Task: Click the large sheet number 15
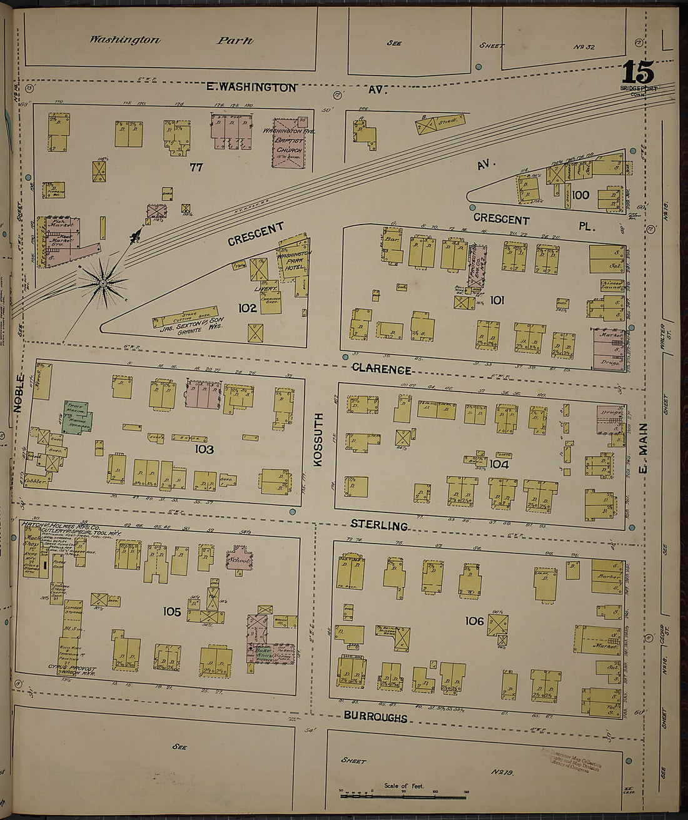coord(638,73)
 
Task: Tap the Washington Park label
coord(171,40)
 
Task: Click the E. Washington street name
coord(251,88)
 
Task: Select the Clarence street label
coord(381,369)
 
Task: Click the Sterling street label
coord(378,525)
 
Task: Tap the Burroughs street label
coord(375,717)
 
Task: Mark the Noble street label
coord(18,393)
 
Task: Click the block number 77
coord(198,168)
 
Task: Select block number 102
coord(248,308)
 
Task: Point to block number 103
coord(204,449)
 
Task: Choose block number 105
coord(171,611)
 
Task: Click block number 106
coord(475,620)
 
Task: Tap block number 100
coord(580,195)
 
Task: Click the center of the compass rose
coord(102,284)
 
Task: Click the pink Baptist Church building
coord(288,143)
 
